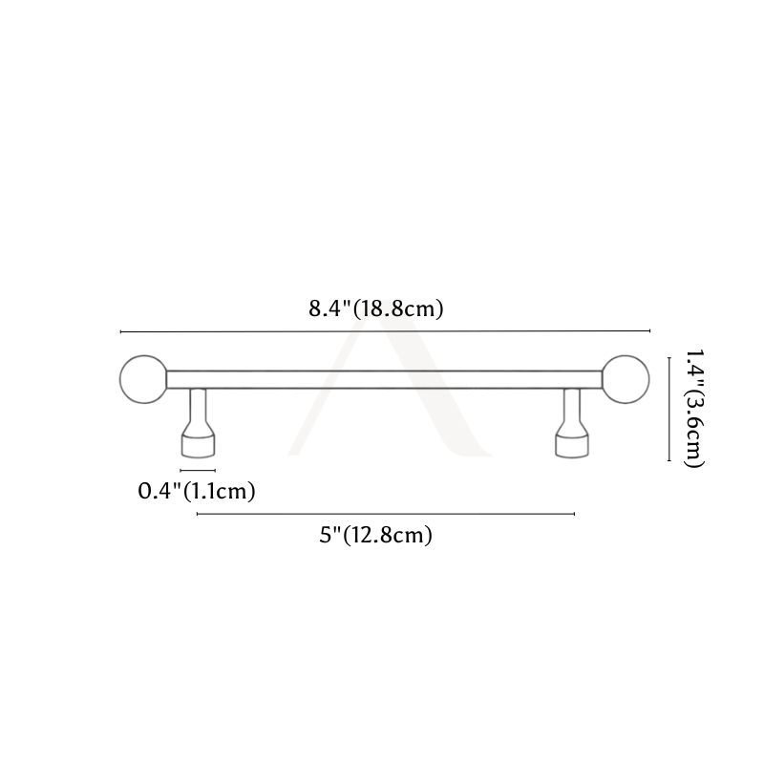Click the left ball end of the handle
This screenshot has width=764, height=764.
click(143, 379)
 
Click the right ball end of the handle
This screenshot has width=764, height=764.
click(626, 379)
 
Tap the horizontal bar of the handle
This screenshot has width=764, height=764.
click(385, 379)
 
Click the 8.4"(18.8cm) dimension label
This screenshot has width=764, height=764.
click(376, 308)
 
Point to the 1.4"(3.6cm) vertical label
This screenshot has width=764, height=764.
click(694, 409)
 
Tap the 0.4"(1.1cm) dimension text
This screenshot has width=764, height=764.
click(197, 491)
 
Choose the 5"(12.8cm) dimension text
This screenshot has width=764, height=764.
click(376, 535)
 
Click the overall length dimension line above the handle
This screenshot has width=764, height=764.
click(385, 331)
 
